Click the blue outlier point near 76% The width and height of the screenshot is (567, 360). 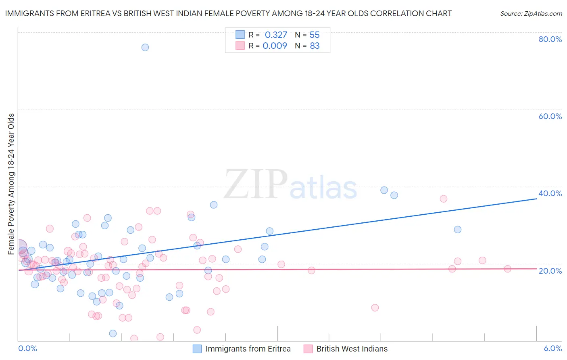pos(145,47)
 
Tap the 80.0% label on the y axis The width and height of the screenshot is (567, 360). pos(550,39)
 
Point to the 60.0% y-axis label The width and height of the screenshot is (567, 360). pos(550,116)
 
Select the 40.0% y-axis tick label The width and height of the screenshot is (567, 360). pos(550,193)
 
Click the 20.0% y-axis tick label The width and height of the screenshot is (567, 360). pos(550,271)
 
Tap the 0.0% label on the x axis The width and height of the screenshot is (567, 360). pos(27,349)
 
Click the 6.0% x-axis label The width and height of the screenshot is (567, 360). pos(553,349)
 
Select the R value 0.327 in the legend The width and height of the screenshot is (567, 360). pos(276,35)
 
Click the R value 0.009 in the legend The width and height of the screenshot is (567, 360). pos(275,46)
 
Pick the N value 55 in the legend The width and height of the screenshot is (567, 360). pos(315,35)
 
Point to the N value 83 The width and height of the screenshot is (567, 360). pos(315,46)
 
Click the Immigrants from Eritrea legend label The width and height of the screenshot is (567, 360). pos(248,349)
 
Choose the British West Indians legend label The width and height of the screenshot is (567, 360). pos(352,349)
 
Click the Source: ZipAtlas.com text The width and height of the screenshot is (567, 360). pos(531,14)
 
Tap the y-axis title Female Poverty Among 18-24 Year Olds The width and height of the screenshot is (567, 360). pos(11,184)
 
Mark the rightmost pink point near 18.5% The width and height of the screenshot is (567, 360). pos(507,269)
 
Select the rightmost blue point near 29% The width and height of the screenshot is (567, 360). pos(458,230)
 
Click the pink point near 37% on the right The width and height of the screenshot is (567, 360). pos(444,199)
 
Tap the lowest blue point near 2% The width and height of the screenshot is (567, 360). pos(113,333)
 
